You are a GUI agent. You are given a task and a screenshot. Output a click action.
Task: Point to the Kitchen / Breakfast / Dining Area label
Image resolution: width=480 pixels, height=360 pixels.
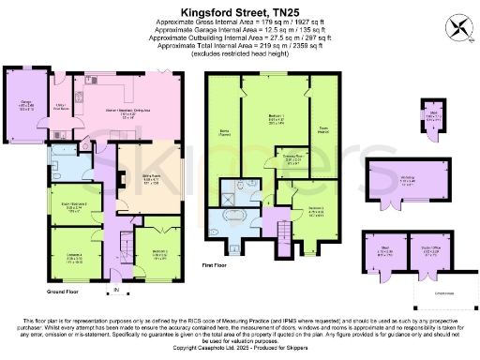pyautogui.click(x=141, y=112)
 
